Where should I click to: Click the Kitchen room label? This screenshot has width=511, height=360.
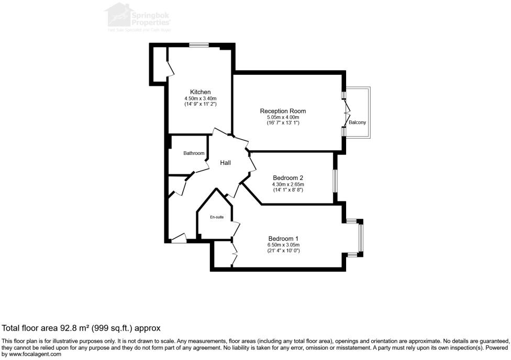[201, 92]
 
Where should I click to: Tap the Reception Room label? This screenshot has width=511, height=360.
[283, 111]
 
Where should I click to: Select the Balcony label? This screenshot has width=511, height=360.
[358, 122]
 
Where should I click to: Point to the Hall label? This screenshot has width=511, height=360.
[225, 163]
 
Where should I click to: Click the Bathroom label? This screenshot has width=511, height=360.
[194, 153]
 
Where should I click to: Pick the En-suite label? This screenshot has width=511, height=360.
[217, 217]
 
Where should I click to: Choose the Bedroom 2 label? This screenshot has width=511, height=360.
[288, 178]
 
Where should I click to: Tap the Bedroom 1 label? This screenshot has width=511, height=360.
[283, 239]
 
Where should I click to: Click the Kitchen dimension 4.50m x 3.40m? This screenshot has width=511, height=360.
[201, 98]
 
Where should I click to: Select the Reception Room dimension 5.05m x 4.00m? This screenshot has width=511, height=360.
[283, 118]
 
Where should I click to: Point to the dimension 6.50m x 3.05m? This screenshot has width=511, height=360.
[283, 245]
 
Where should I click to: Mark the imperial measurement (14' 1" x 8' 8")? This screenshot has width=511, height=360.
[288, 190]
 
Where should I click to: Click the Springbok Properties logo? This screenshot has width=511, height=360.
[139, 16]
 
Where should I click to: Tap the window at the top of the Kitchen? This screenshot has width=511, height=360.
[199, 45]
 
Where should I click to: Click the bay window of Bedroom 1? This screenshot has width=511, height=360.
[360, 237]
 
